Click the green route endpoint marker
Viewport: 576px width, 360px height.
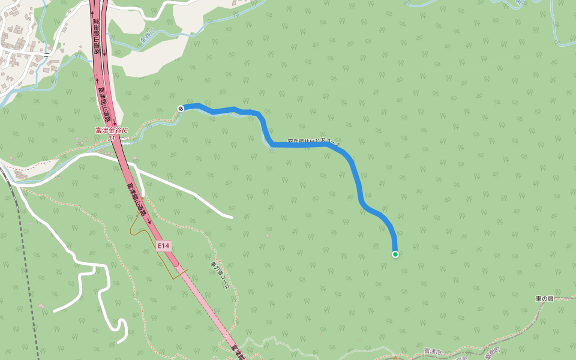tap(395, 254)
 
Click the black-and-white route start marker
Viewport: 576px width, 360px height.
tap(181, 108)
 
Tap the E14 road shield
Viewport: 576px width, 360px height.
tap(164, 245)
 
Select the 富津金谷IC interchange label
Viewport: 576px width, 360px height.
tap(112, 130)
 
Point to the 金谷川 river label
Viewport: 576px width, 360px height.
tap(148, 37)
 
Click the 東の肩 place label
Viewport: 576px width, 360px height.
tap(544, 298)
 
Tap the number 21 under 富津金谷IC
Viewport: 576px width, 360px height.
tap(112, 137)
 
